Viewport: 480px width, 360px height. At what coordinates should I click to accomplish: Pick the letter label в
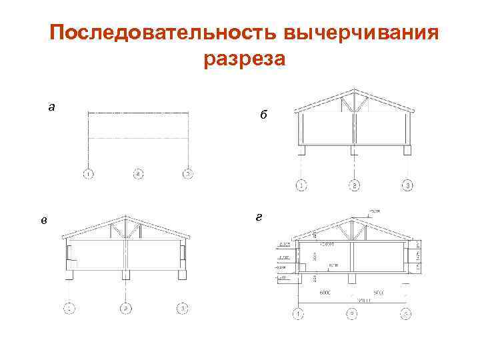[43, 221]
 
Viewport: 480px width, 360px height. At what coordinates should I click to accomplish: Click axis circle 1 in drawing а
[88, 175]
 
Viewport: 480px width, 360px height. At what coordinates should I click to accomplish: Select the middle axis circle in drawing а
[138, 175]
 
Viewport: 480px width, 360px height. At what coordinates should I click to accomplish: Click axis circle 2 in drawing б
[355, 185]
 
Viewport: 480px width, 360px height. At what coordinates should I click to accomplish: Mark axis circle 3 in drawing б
[407, 185]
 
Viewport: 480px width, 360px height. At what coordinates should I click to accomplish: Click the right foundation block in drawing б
[407, 151]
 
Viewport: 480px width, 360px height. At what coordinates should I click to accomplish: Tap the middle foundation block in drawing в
[125, 275]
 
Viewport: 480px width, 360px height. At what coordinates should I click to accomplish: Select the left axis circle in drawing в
[69, 307]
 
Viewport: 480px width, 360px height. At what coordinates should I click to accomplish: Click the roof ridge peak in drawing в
[125, 216]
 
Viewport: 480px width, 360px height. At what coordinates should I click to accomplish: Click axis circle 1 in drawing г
[298, 313]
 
